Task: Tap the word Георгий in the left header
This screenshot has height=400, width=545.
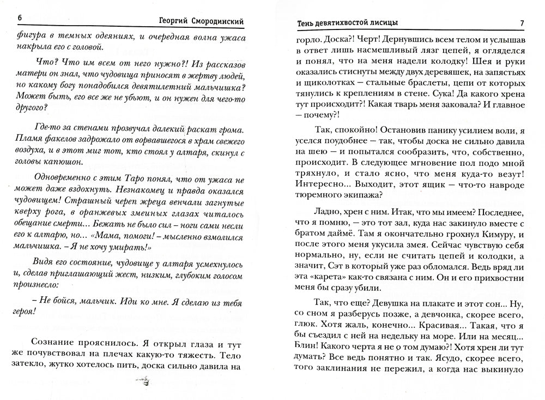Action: tap(168, 21)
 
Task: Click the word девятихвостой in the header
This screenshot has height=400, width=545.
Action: tap(340, 22)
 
